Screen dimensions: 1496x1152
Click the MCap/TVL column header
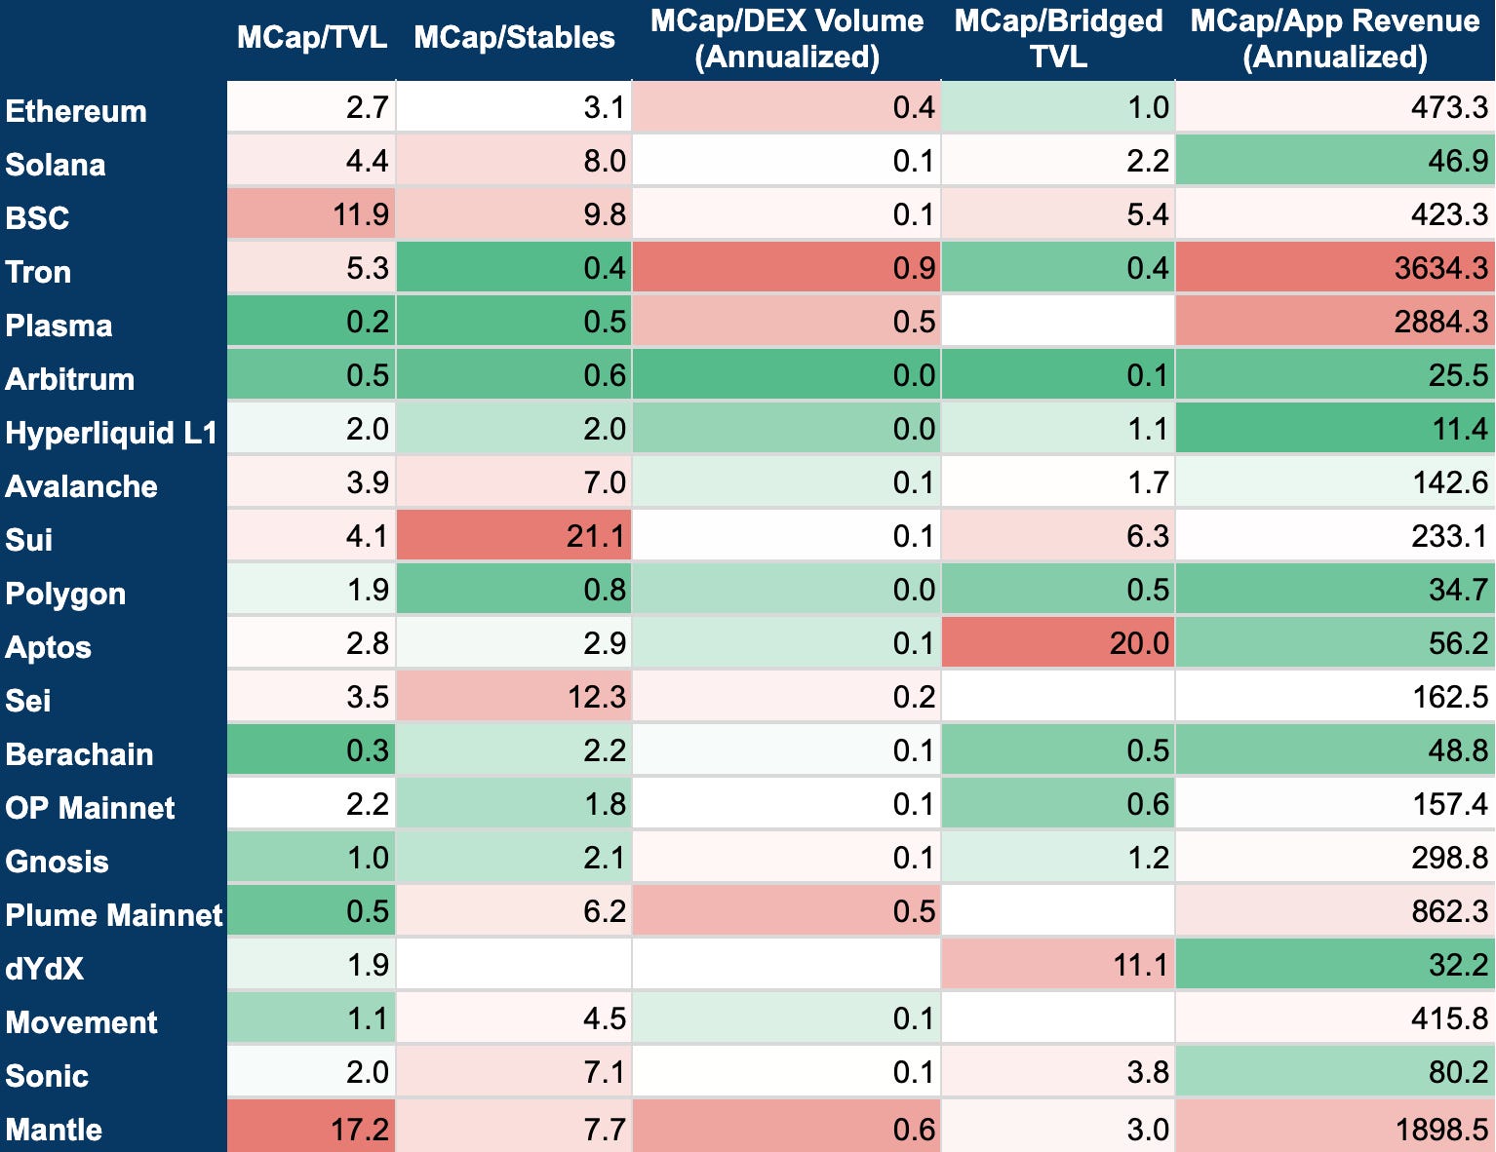(x=312, y=37)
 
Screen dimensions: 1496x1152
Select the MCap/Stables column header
(x=514, y=37)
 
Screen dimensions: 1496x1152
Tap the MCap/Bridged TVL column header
(x=1058, y=39)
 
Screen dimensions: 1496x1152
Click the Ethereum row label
(x=76, y=111)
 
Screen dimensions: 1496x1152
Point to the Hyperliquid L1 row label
(x=111, y=433)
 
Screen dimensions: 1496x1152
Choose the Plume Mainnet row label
(x=113, y=915)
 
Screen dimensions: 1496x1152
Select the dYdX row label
(x=44, y=969)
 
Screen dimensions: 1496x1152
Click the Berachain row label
(x=79, y=754)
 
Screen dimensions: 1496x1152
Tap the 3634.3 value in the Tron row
(x=1441, y=268)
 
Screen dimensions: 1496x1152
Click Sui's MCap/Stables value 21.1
(x=596, y=536)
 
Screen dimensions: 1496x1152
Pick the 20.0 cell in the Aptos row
(x=1139, y=643)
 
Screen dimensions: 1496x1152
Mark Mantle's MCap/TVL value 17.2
(x=359, y=1129)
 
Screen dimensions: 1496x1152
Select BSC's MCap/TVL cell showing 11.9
(x=361, y=214)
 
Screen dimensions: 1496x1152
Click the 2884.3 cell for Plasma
(x=1441, y=322)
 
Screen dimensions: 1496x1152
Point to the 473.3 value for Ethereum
(x=1449, y=107)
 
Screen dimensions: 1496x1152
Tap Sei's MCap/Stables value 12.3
(x=596, y=697)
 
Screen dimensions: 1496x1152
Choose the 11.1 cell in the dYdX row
(x=1141, y=965)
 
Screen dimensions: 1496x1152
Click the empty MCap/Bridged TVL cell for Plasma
(x=1058, y=322)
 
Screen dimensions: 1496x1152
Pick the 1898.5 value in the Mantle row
(x=1441, y=1129)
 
